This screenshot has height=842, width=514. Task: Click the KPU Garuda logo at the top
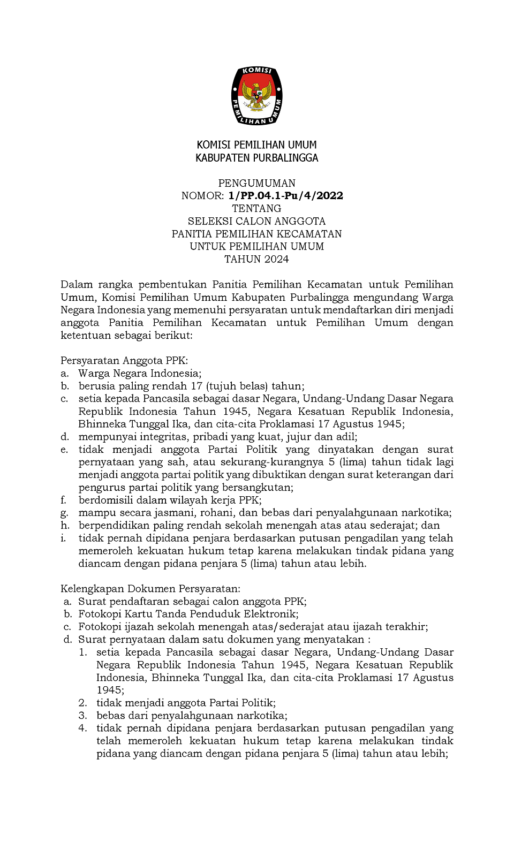256,96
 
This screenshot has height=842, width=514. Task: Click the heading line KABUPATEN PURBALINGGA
256,158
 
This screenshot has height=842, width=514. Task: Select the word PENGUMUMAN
256,183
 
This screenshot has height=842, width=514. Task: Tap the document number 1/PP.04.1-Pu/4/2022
285,196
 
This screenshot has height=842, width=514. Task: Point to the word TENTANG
256,208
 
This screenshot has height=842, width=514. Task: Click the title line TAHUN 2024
256,259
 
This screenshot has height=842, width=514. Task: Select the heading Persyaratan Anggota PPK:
124,361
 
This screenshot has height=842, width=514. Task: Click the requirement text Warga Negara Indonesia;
140,374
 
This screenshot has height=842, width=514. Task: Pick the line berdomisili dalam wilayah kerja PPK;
170,500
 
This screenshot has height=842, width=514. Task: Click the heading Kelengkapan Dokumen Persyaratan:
150,589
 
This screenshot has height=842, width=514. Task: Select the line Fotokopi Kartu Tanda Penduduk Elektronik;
188,614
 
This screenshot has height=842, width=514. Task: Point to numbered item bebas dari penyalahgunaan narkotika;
192,716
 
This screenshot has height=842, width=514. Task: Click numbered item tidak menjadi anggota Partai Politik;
186,703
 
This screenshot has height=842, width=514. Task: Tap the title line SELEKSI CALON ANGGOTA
256,221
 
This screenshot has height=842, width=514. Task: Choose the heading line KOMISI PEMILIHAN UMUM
256,145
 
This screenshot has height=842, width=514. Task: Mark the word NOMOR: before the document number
202,196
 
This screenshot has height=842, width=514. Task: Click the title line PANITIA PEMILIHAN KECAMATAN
256,234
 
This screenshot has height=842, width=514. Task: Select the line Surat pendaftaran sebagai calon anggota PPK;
192,602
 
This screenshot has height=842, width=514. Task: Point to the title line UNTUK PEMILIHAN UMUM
256,246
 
